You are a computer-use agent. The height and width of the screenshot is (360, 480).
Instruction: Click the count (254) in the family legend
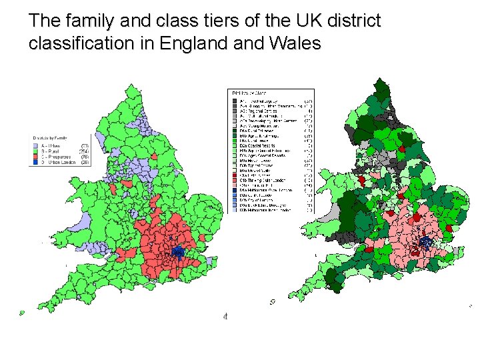pyautogui.click(x=85, y=151)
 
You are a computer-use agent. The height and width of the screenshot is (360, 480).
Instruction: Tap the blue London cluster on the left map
pyautogui.click(x=178, y=251)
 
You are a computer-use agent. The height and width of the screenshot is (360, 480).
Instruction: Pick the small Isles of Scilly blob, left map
pyautogui.click(x=22, y=312)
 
